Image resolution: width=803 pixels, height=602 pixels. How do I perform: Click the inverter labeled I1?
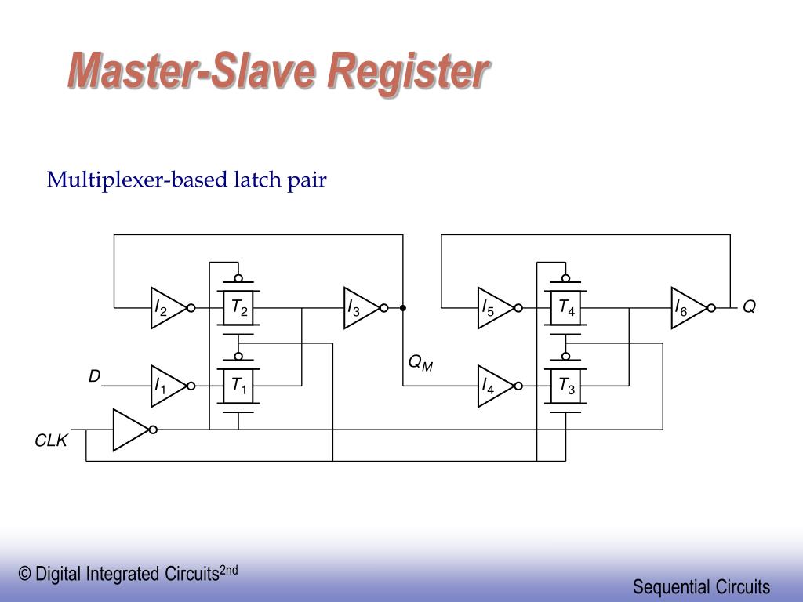[167, 386]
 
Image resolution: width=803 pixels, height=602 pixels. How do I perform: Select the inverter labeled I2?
[167, 308]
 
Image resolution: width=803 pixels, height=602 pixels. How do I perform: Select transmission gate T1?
[238, 386]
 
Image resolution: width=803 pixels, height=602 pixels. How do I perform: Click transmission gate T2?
[238, 308]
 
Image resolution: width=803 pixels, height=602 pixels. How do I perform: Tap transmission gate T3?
[566, 386]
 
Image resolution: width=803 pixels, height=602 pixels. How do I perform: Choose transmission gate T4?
[566, 308]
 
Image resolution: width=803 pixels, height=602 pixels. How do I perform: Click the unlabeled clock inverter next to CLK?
[130, 430]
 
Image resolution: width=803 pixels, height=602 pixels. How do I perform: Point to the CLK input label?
[51, 441]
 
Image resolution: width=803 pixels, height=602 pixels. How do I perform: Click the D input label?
[94, 377]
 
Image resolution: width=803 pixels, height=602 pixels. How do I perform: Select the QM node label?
[420, 363]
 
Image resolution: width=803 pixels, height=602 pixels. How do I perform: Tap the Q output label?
[749, 307]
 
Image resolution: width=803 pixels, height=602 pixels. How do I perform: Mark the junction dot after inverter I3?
[403, 308]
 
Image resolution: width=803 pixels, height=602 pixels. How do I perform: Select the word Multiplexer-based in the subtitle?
[137, 180]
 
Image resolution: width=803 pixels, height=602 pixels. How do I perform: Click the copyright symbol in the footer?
[25, 575]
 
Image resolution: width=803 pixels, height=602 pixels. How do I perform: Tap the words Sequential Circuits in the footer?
[701, 586]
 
